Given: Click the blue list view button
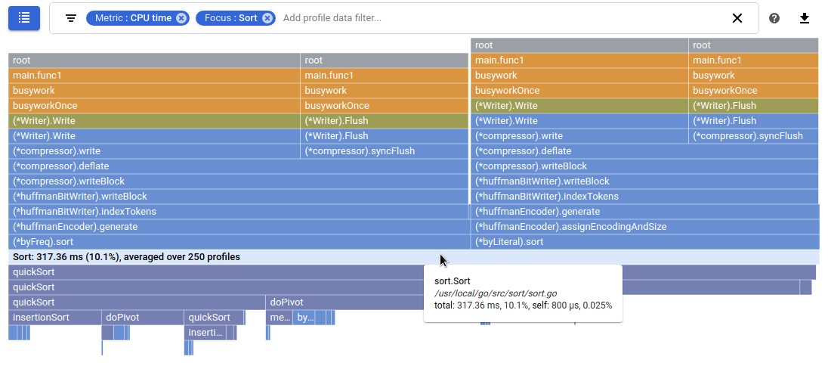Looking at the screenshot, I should click(x=24, y=18).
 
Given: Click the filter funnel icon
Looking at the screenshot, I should click(x=71, y=18).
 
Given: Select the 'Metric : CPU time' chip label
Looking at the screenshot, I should click(x=133, y=18).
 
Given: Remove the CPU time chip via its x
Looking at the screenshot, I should click(x=181, y=18).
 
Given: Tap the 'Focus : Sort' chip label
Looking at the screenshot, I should click(x=230, y=18).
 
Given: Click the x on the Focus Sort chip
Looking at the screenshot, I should click(x=267, y=18).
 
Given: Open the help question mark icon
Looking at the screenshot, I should click(x=774, y=18).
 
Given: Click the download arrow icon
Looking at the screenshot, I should click(x=805, y=18).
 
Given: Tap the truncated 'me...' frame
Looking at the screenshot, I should click(x=280, y=318).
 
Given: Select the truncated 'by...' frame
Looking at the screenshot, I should click(x=304, y=318).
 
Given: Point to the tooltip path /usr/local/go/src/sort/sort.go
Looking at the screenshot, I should click(x=496, y=293).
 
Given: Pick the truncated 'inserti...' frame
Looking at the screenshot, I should click(x=205, y=333).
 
